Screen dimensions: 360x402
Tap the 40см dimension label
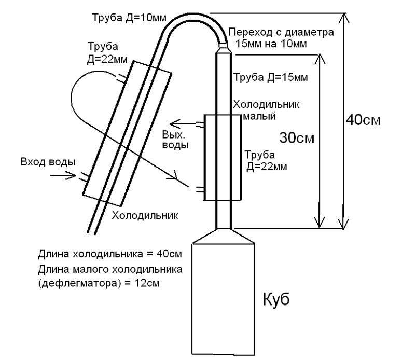pyautogui.click(x=363, y=120)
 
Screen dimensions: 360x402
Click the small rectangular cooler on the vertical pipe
pyautogui.click(x=223, y=158)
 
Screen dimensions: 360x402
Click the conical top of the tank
pyautogui.click(x=223, y=237)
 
